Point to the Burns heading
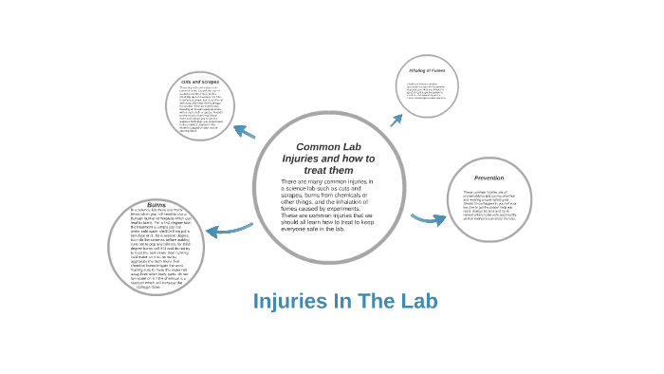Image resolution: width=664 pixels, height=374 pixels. point(157,204)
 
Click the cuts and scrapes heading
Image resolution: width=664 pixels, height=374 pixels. point(199,82)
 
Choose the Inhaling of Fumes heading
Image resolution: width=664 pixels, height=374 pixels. point(427,70)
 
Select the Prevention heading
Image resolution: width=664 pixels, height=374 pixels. point(489,178)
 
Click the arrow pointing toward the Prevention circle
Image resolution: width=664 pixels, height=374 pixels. point(428,219)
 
